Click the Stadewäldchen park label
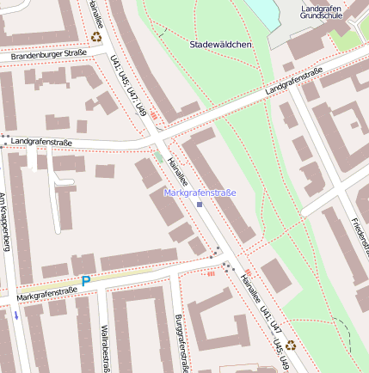(x=220, y=44)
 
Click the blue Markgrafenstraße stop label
(x=200, y=193)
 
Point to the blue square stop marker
(x=200, y=205)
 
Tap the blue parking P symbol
(x=85, y=280)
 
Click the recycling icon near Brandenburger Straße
(x=95, y=37)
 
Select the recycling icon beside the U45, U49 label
(x=291, y=345)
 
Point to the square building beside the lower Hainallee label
(x=275, y=276)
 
